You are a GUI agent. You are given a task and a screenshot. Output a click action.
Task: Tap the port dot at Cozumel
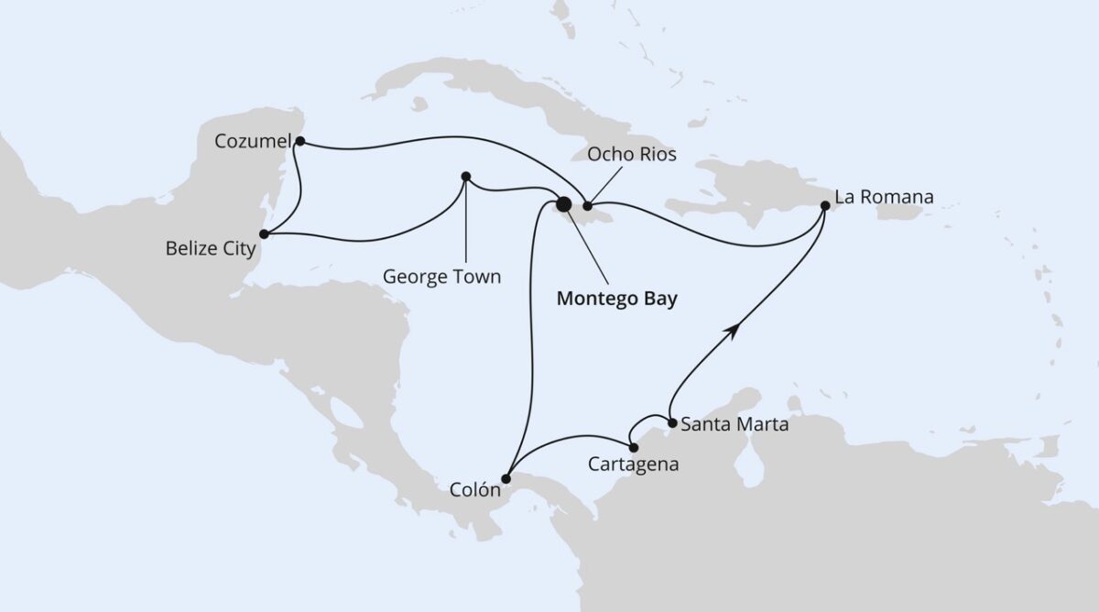pos(300,141)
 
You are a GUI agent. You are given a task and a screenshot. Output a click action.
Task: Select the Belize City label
pos(210,248)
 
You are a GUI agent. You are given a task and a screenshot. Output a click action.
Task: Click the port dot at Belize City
pos(264,234)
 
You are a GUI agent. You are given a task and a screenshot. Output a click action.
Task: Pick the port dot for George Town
pos(465,176)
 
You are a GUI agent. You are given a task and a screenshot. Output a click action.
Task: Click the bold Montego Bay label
pos(617,300)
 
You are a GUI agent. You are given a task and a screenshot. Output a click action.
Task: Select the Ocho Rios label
pos(632,154)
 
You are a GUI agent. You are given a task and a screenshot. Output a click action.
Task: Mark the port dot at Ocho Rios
pos(588,206)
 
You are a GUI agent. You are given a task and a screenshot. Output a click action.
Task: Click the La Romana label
pos(883,197)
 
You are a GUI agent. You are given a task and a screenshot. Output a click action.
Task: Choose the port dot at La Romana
pos(825,206)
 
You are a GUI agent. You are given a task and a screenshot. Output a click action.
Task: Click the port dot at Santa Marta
pos(673,423)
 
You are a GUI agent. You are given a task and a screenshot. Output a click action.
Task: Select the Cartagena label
pos(634,464)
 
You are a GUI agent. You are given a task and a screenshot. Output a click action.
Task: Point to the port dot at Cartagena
pos(634,447)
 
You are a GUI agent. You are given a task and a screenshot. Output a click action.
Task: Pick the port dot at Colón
pos(506,476)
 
